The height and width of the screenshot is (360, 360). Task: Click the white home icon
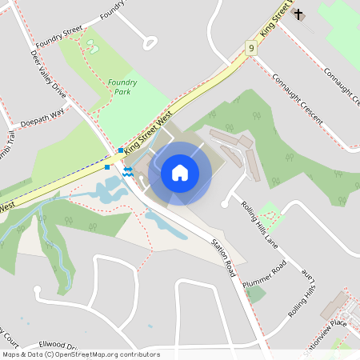(179, 172)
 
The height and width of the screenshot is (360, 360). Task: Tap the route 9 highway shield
(251, 49)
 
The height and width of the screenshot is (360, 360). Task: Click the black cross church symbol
(298, 14)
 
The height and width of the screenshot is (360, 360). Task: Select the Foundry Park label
(122, 86)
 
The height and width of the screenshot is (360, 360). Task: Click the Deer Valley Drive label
(48, 77)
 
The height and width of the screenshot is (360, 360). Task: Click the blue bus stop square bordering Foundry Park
(120, 150)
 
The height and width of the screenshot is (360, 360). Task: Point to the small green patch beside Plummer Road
(256, 293)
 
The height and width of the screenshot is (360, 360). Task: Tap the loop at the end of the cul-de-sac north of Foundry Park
(149, 43)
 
